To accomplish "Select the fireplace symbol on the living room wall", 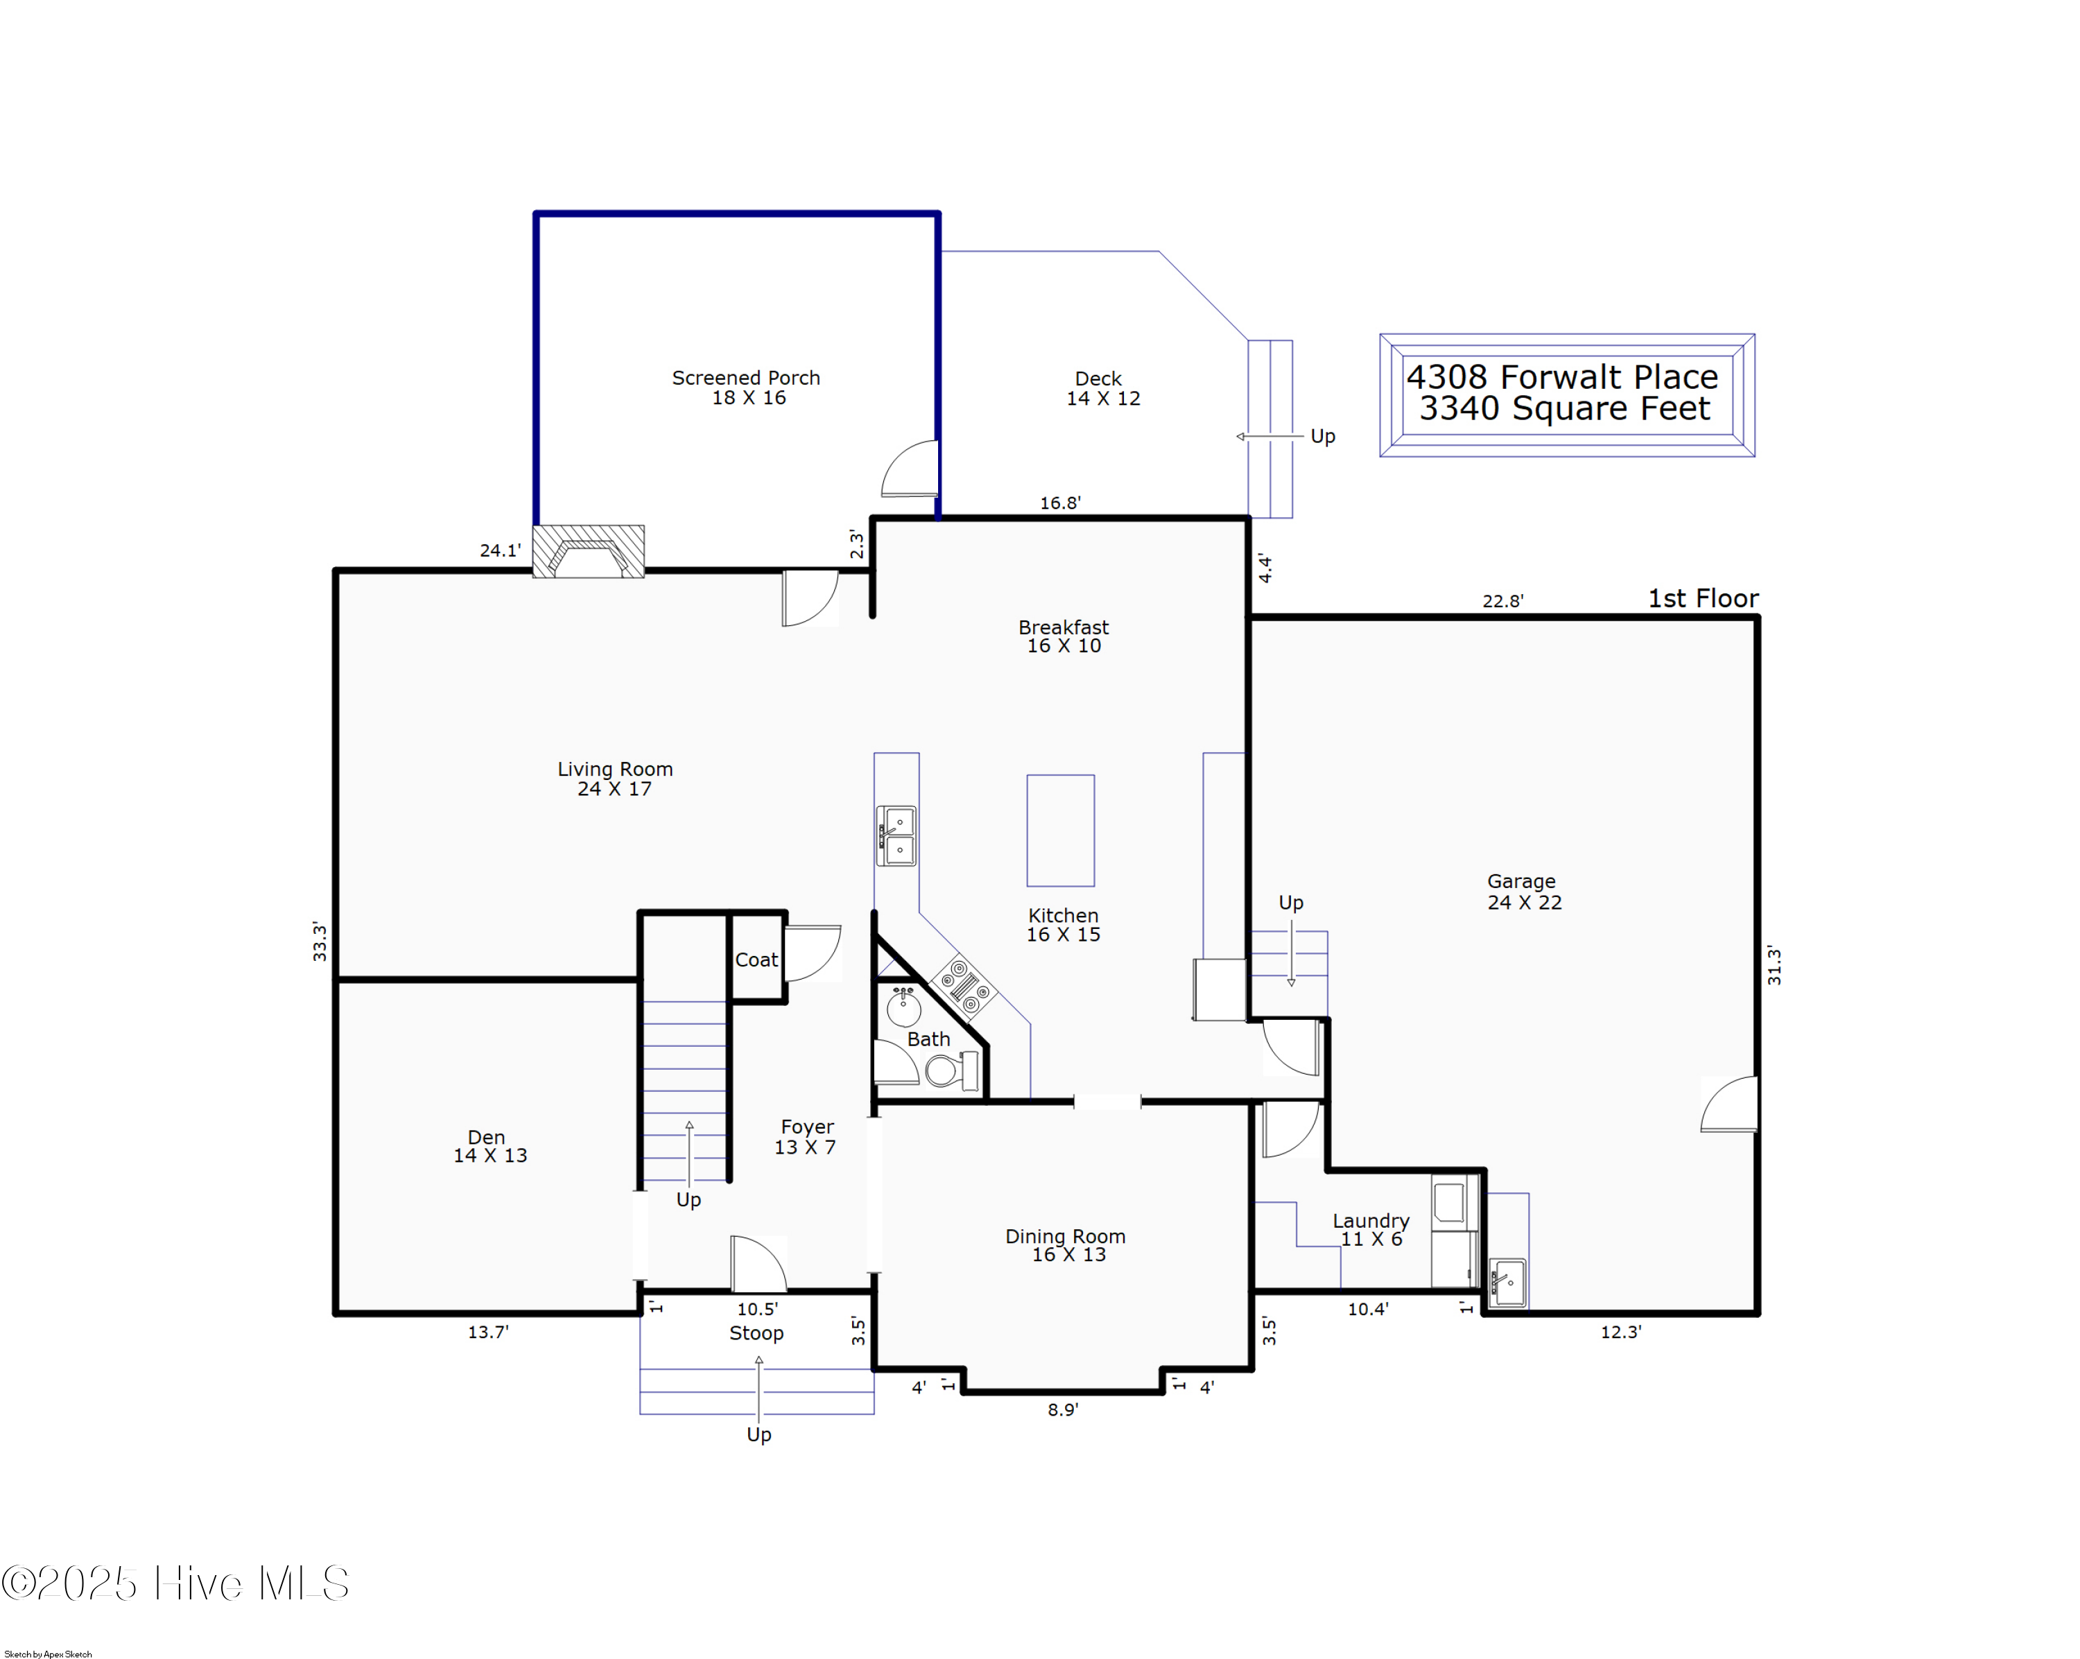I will (589, 552).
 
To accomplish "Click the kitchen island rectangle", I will (1060, 831).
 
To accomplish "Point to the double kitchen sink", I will (896, 836).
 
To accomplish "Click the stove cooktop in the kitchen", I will (963, 986).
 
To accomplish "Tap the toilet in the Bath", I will (951, 1070).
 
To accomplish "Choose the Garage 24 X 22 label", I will (1523, 892).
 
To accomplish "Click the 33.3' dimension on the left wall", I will (320, 941).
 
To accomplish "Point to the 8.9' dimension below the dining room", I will (1062, 1410).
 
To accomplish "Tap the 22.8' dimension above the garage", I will (1502, 602).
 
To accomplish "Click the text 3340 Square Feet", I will (1564, 409).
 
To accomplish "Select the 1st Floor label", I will (1702, 599).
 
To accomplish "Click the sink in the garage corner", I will (1507, 1282).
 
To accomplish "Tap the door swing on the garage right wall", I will (1731, 1105).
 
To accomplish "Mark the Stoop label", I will (756, 1333).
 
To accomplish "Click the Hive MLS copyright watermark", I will (175, 1583).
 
